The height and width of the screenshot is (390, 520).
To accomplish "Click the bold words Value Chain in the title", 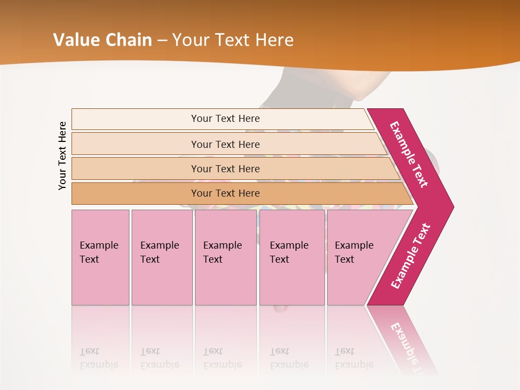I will (x=102, y=40).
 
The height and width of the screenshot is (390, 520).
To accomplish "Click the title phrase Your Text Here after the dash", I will (x=232, y=40).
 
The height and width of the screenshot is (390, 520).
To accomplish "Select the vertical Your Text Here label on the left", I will (x=62, y=155).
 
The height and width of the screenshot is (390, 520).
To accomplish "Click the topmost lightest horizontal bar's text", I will (x=225, y=119).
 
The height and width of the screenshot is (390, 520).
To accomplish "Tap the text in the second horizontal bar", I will (x=225, y=145).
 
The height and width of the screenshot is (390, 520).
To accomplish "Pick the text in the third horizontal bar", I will (x=225, y=169).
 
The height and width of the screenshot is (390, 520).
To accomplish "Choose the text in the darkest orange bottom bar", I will (x=225, y=193).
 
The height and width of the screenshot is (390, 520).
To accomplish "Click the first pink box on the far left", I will (x=100, y=257).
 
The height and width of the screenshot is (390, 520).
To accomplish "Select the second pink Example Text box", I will (x=161, y=257).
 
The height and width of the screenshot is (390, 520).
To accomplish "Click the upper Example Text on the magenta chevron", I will (x=409, y=154).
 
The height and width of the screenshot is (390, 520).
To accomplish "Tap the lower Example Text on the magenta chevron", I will (x=410, y=256).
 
